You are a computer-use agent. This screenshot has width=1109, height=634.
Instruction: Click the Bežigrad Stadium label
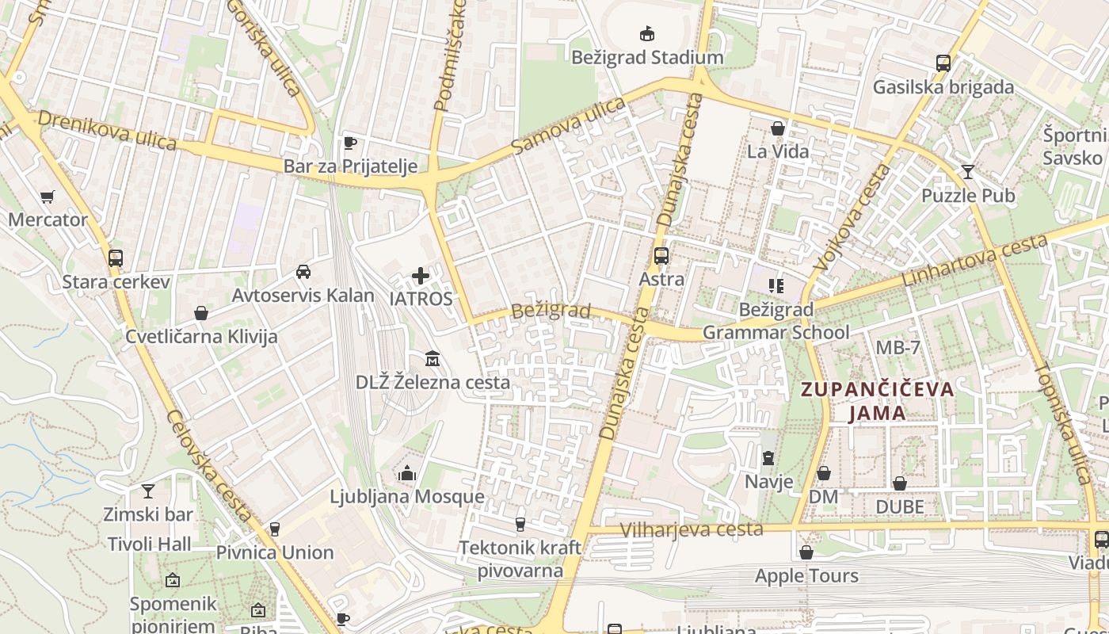tap(648, 58)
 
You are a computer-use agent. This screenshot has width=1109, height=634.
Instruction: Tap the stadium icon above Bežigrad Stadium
tap(647, 33)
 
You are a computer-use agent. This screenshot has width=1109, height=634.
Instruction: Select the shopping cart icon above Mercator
tap(48, 197)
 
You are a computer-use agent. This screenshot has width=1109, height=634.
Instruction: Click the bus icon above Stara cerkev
tap(116, 258)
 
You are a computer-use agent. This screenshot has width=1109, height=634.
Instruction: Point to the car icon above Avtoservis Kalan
tap(303, 272)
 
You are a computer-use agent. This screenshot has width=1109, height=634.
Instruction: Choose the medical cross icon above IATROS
tap(421, 276)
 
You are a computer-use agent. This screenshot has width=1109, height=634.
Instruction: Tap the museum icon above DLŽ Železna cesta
tap(433, 359)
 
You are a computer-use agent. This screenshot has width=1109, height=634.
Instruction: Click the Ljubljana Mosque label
tap(406, 497)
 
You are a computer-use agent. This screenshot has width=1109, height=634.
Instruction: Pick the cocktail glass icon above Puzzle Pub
tap(967, 172)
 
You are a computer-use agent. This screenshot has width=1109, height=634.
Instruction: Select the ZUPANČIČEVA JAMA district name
tap(877, 401)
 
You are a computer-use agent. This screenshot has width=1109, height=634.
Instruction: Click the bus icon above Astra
tap(661, 256)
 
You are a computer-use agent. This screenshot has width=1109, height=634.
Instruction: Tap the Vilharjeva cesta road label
tap(692, 529)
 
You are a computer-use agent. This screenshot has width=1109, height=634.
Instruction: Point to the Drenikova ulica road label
tap(107, 129)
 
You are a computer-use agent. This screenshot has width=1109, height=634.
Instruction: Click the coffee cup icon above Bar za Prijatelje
tap(350, 143)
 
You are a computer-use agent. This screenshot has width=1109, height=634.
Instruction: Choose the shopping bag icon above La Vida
tap(778, 128)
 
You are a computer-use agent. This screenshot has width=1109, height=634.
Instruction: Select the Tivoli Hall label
tap(150, 544)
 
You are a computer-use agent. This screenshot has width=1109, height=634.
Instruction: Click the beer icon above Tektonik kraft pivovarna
tap(520, 524)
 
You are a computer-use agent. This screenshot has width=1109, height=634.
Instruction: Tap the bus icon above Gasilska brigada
tap(943, 63)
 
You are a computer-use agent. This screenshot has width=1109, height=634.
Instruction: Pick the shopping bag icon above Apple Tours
tap(806, 552)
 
